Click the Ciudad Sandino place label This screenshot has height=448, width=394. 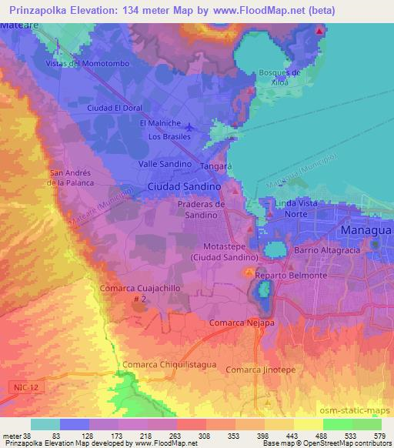[185, 187]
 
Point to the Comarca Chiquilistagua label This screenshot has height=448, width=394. [165, 364]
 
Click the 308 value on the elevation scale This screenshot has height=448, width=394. [203, 436]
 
